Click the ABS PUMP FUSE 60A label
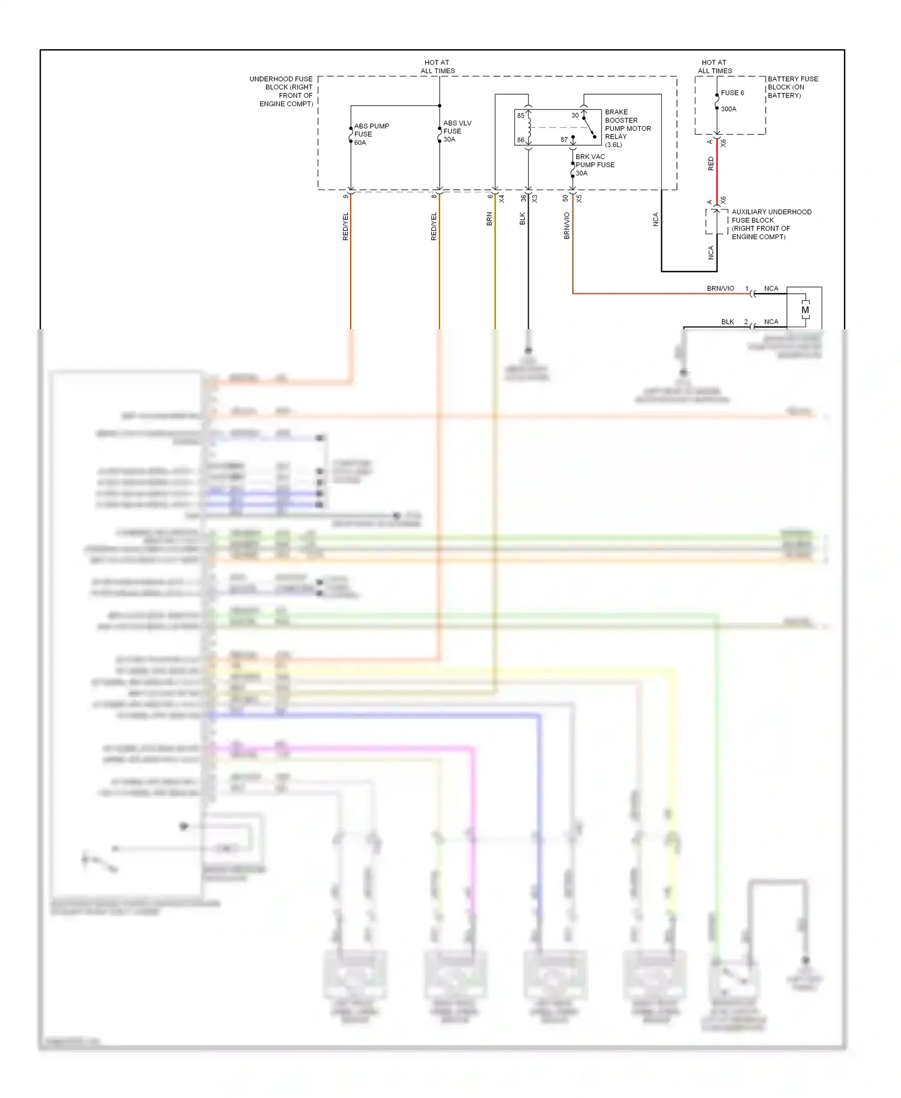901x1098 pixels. (371, 134)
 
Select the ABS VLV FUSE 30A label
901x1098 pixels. (457, 131)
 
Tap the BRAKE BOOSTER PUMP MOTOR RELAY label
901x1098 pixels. (627, 128)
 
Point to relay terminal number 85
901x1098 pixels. (521, 115)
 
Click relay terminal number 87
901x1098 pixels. (564, 139)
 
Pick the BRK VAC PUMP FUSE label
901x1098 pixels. (594, 165)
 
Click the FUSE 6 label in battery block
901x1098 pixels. (732, 93)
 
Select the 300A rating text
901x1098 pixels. (728, 109)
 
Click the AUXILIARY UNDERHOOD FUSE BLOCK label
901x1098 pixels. (771, 224)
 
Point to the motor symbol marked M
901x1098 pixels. (805, 310)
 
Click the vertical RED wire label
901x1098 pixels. (711, 163)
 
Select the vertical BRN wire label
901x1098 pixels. (489, 219)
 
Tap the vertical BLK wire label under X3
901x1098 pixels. (522, 219)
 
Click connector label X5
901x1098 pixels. (579, 198)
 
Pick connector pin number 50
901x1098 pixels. (565, 198)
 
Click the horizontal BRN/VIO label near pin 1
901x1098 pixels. (720, 288)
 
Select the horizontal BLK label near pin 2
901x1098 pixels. (727, 321)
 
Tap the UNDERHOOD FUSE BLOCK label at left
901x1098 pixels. (282, 91)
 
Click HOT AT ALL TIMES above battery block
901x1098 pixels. (714, 66)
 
